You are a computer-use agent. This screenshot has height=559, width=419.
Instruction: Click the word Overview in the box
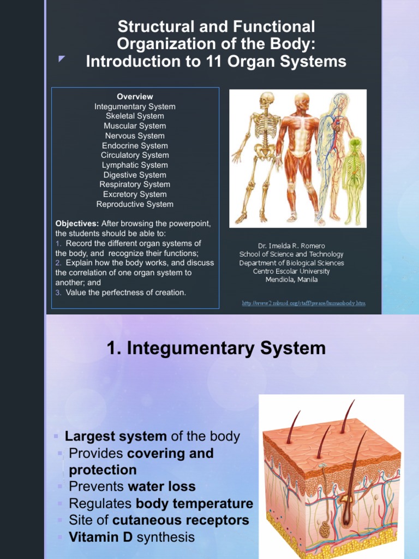[135, 97]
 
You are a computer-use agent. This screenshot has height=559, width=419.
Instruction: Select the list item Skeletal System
[135, 116]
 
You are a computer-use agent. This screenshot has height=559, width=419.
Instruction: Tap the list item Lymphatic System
[135, 165]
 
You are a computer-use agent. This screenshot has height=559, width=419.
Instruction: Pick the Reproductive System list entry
[135, 204]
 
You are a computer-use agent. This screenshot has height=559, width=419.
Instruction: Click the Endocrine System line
[135, 146]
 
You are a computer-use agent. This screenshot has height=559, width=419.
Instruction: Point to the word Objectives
[76, 224]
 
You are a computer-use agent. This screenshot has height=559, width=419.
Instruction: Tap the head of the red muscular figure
[301, 101]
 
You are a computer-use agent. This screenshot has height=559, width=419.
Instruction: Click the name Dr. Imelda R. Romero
[291, 246]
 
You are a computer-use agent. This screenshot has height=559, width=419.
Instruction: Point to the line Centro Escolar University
[291, 271]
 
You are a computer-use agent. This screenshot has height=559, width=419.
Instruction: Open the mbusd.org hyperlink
[303, 303]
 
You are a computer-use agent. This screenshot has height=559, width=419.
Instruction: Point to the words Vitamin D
[101, 537]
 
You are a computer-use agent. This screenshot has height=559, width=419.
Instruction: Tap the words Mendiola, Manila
[291, 280]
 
